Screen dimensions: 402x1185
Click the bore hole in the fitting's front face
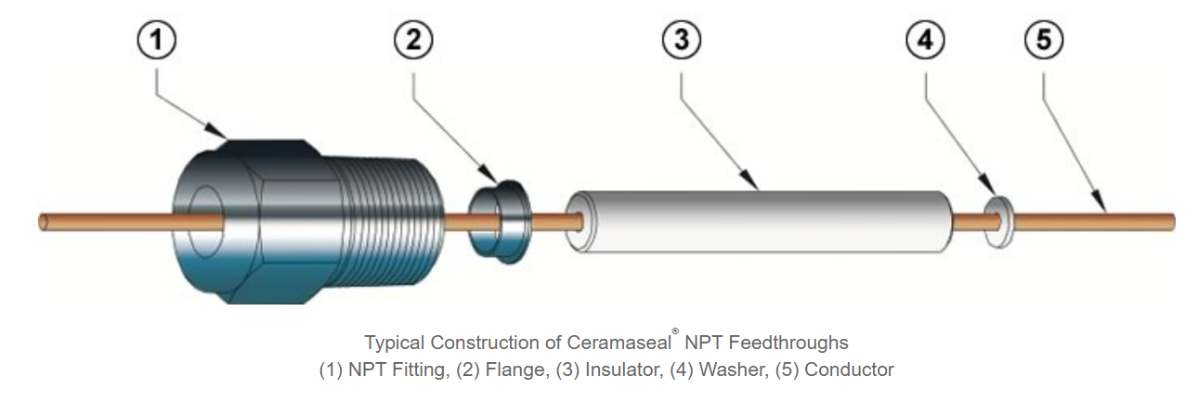tap(206, 223)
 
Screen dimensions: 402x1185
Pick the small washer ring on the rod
tap(998, 222)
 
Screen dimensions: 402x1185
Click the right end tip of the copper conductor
tap(1171, 223)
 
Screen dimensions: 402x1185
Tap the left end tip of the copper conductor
tap(43, 223)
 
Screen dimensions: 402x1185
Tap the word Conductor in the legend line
tap(849, 370)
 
